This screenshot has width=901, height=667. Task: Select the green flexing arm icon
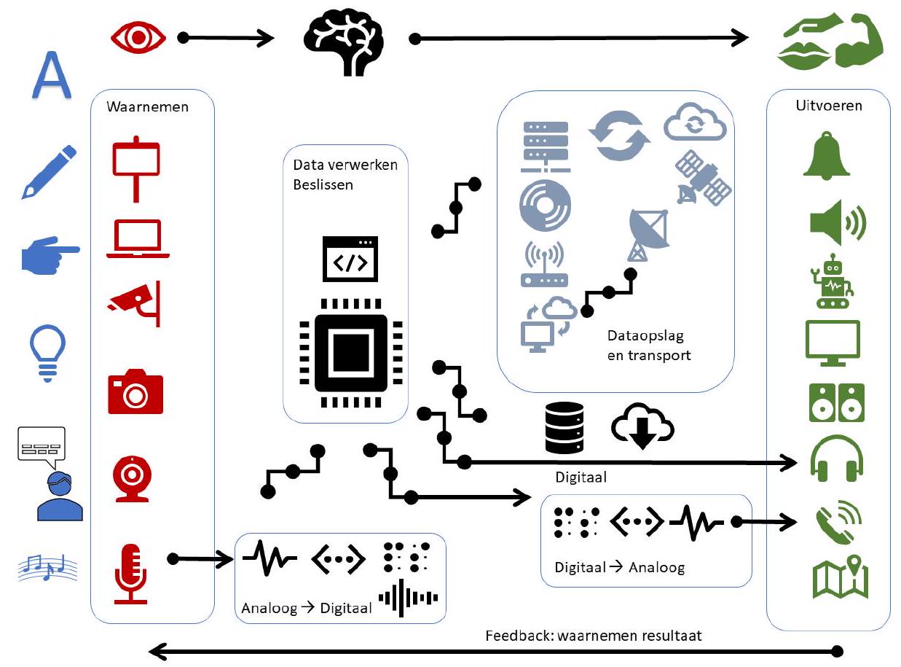tap(859, 41)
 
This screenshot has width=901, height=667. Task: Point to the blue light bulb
tap(47, 352)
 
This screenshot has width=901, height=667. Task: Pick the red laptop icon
tap(138, 238)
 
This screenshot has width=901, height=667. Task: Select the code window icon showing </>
tap(350, 258)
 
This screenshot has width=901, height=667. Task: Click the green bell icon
tap(827, 156)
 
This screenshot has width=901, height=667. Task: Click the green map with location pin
tap(840, 577)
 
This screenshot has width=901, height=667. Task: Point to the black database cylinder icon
tap(564, 426)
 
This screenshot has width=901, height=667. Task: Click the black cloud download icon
tap(642, 426)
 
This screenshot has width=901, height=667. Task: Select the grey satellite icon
tap(702, 177)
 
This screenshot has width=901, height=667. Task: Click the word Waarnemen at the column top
tap(147, 106)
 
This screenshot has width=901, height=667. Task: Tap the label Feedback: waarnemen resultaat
tap(594, 635)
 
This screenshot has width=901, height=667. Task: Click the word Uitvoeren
tap(829, 106)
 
